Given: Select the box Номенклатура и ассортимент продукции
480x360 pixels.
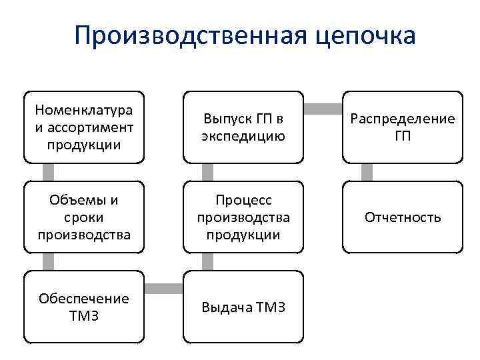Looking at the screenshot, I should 84,127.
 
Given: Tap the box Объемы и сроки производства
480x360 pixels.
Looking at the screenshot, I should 84,217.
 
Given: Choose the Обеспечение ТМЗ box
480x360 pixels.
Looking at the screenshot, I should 84,307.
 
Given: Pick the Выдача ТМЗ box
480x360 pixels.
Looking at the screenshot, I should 243,307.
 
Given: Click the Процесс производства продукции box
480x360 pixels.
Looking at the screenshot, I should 243,217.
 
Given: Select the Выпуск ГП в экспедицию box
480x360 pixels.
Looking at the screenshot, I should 243,127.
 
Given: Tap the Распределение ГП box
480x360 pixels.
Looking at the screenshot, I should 403,127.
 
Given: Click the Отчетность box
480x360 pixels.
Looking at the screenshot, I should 403,217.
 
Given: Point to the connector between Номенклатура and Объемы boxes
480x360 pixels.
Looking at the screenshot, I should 48,172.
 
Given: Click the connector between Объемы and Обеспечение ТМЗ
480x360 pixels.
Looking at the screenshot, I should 48,262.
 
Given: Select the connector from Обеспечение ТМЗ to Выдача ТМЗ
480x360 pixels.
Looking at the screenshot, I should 163,288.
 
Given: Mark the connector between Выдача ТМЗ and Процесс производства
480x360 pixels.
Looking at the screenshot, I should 208,262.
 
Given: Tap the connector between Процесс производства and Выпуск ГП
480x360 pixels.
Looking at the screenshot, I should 208,172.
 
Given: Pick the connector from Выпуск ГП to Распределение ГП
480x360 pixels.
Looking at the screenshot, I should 323,107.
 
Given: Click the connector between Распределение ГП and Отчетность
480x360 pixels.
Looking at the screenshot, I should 367,172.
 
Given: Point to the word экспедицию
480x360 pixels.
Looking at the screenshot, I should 243,136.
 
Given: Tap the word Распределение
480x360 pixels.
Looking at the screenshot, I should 403,119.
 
